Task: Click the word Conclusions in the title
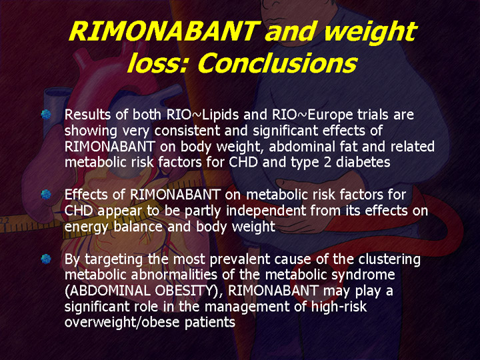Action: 277,64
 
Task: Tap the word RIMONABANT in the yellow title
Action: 164,31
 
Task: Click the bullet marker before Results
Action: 46,114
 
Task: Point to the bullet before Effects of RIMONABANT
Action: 46,195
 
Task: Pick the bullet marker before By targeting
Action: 46,259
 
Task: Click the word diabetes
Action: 363,162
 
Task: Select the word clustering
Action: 389,259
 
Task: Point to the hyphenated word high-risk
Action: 339,307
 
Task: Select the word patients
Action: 210,323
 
